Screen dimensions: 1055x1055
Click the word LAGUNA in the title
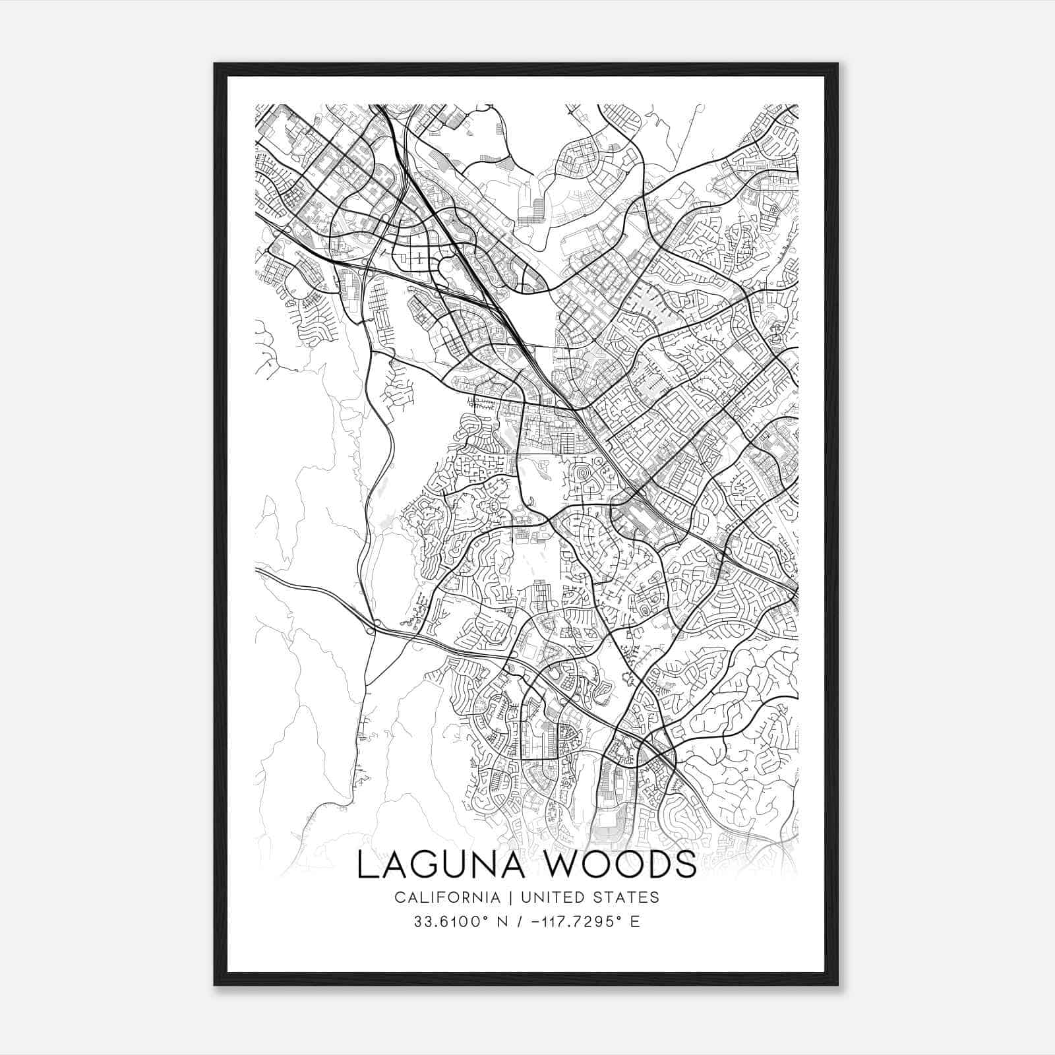[x=440, y=865]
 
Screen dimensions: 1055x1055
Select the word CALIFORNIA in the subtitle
[x=447, y=897]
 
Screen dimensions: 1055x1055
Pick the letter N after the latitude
[x=502, y=921]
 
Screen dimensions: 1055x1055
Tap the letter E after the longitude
[x=635, y=921]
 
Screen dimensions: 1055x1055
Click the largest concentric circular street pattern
[x=583, y=473]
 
